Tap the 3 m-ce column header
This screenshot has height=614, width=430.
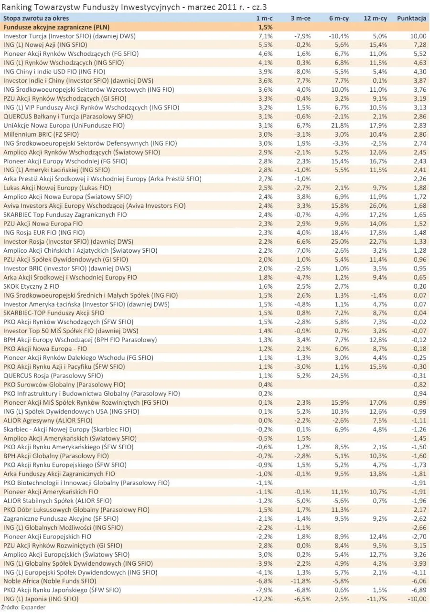[301, 18]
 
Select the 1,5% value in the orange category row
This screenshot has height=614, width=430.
[266, 27]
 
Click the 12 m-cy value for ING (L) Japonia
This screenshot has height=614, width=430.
[377, 599]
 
